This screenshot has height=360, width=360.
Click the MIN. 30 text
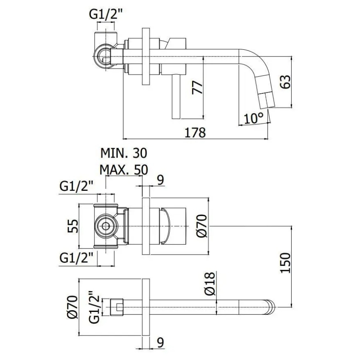coord(124,153)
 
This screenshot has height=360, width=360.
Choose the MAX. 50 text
coord(124,170)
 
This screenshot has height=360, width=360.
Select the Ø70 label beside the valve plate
coord(200,226)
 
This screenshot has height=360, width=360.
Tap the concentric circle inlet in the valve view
coord(105,226)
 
